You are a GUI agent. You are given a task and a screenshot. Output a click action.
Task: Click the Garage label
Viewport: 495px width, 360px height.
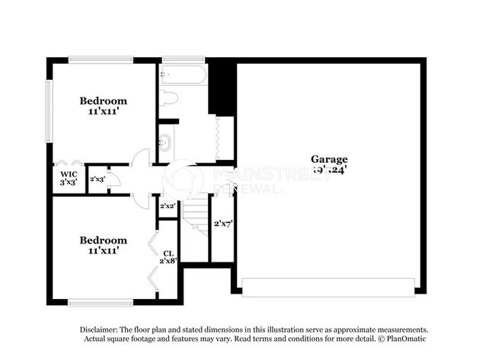coord(329,159)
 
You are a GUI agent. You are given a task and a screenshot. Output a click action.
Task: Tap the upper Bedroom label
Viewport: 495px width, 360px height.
coord(104,100)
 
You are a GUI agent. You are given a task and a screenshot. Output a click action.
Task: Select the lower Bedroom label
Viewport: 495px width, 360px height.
coord(104,240)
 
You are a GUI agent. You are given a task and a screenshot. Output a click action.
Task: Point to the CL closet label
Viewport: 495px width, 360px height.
coord(168,253)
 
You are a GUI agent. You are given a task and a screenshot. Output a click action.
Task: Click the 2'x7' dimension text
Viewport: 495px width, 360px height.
coord(222,224)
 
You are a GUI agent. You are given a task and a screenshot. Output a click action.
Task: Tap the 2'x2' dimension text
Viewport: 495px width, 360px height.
coord(168,206)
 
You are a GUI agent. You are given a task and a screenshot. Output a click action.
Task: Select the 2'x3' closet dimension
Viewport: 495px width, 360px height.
coord(97,180)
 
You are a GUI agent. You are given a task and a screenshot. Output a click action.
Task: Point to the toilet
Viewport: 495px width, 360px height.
coord(168,97)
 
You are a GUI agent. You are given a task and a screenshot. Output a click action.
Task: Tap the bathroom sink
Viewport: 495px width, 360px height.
coord(165,142)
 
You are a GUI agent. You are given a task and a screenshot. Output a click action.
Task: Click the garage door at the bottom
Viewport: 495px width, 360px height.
coord(328,288)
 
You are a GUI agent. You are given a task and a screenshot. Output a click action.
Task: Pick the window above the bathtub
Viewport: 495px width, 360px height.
coord(183,59)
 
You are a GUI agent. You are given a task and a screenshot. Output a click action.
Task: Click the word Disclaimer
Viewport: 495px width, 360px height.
coord(101,329)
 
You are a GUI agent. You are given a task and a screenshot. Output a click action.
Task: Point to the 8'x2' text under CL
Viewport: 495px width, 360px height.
coord(168,260)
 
